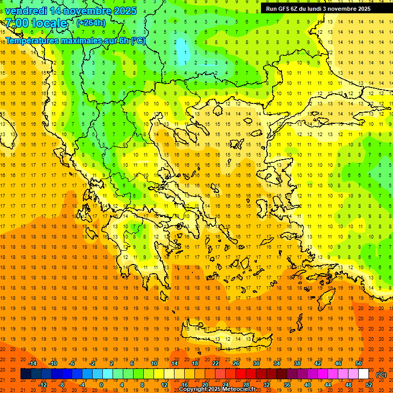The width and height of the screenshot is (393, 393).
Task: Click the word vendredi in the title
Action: coord(26,11)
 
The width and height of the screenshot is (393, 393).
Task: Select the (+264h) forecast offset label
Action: coord(91,23)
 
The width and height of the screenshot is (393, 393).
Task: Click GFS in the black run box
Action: coord(285,9)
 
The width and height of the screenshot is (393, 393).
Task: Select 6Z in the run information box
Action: coord(296,9)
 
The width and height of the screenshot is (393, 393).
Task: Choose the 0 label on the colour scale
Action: coord(101,385)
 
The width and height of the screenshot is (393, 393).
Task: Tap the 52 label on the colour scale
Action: coord(369,385)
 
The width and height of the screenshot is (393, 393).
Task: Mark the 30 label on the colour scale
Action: coord(256,363)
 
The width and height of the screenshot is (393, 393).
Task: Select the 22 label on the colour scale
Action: coord(215,363)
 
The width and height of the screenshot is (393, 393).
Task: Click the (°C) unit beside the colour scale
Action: coord(381,375)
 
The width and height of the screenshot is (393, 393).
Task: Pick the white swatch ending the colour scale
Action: coord(363,374)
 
